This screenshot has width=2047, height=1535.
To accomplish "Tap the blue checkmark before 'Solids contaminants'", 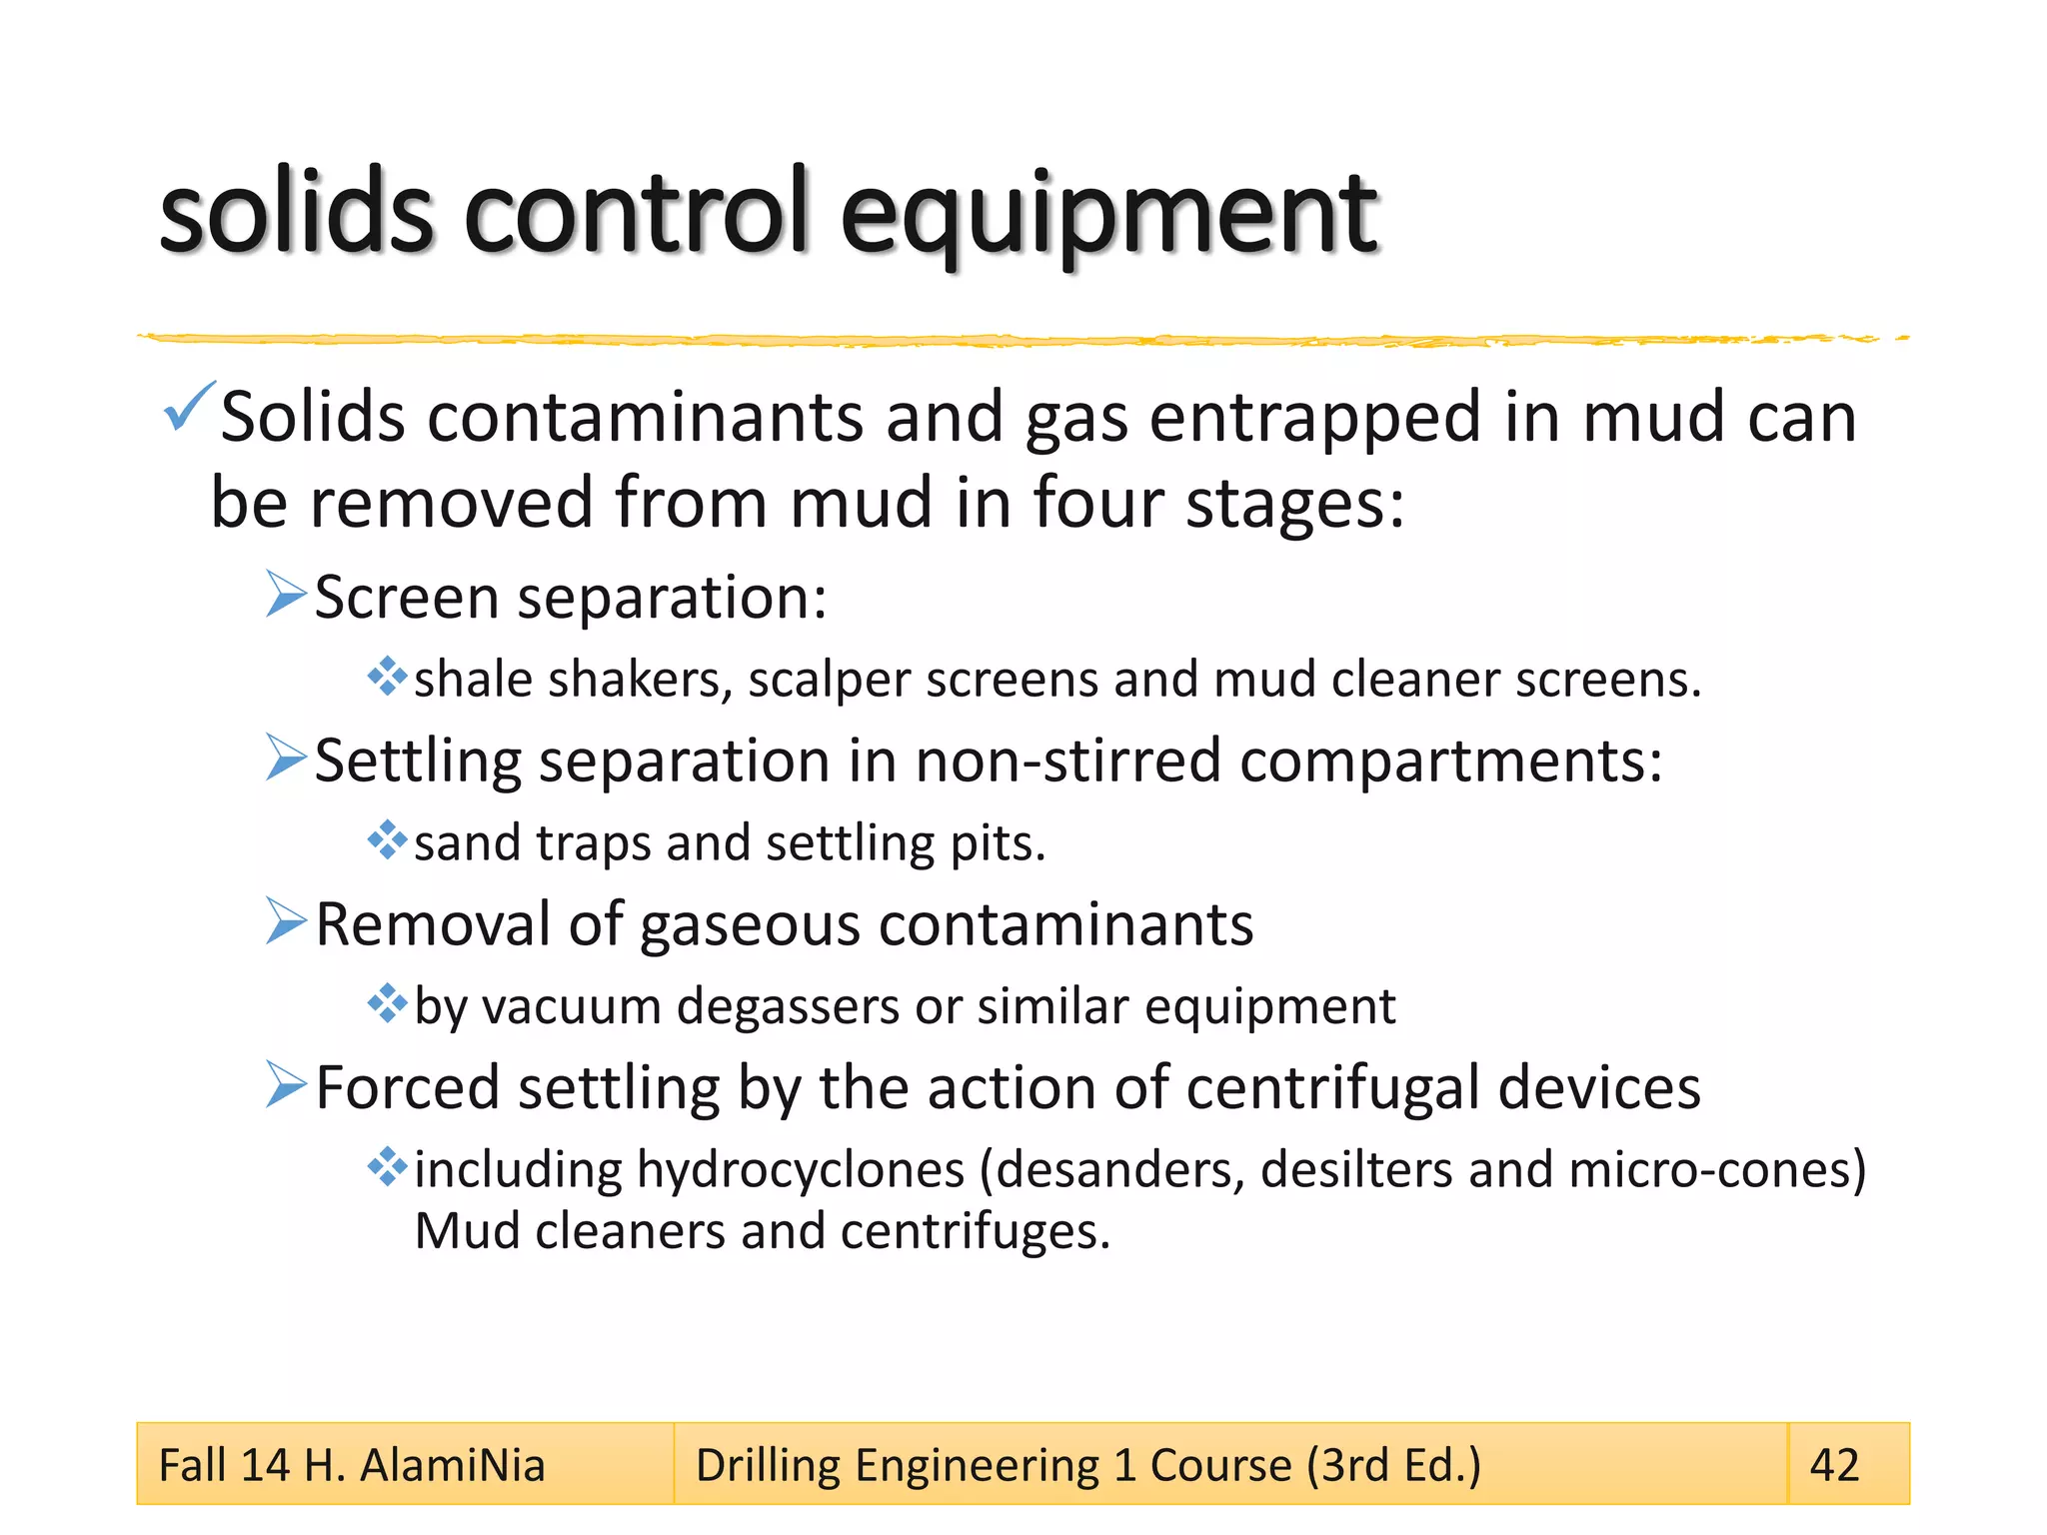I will click(187, 407).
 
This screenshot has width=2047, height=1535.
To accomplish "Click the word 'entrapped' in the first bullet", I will click(1313, 418).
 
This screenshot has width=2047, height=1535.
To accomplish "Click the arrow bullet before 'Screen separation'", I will click(286, 595).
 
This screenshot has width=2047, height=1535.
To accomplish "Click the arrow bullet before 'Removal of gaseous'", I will click(286, 921).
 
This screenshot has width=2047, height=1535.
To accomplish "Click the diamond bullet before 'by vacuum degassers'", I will click(387, 1003).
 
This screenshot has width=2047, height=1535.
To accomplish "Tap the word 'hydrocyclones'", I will click(800, 1170).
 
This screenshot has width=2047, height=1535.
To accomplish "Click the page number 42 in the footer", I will click(1834, 1465).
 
